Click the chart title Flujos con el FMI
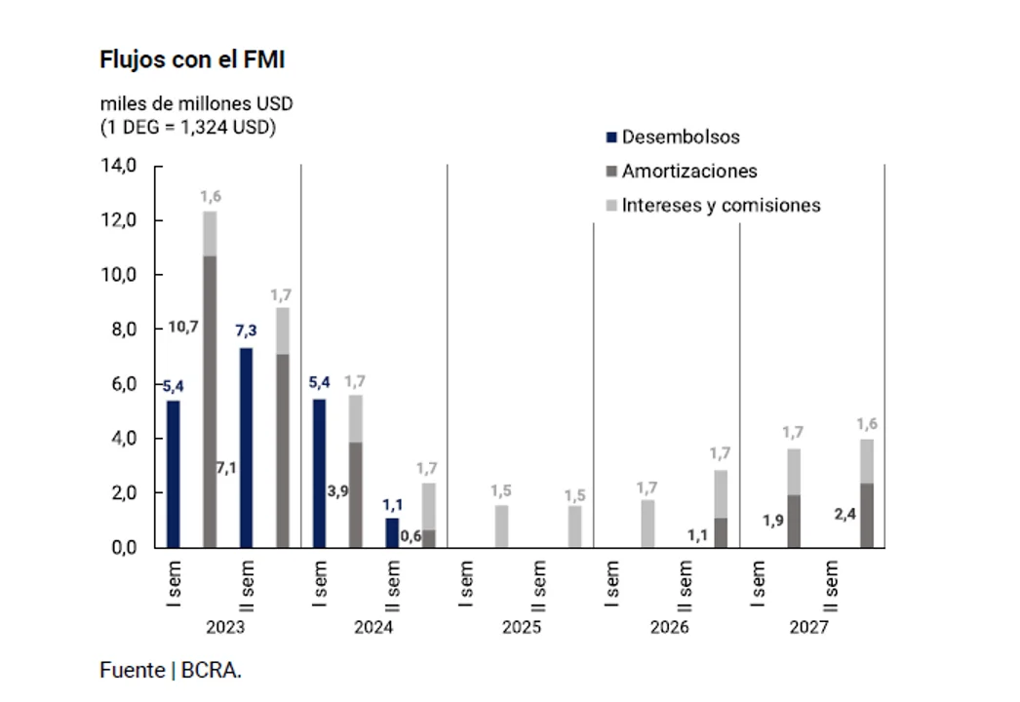(192, 60)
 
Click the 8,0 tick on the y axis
(121, 330)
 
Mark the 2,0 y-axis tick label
(121, 493)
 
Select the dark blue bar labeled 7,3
(246, 448)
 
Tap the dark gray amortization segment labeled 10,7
(210, 401)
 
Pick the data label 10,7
(182, 327)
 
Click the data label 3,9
(338, 491)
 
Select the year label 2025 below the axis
(521, 627)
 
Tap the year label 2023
(226, 627)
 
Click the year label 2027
(809, 627)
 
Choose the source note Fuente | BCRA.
(171, 671)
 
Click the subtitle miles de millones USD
(196, 104)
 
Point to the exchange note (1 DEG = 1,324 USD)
(187, 127)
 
